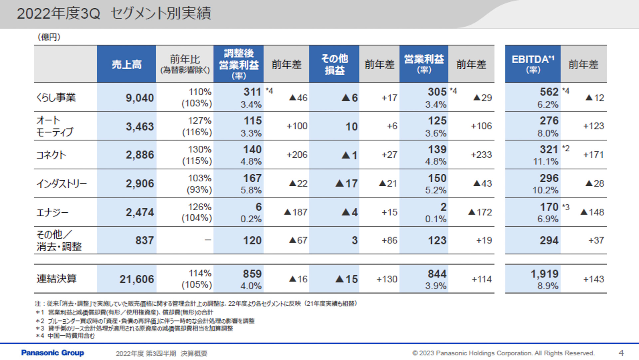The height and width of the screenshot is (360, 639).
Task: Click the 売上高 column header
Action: pyautogui.click(x=126, y=64)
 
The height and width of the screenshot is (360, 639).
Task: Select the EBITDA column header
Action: pyautogui.click(x=533, y=64)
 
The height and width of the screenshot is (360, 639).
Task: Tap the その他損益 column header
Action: pyautogui.click(x=334, y=64)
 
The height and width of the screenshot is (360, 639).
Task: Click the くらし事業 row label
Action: pyautogui.click(x=56, y=97)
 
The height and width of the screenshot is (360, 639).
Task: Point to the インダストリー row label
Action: pyautogui.click(x=62, y=184)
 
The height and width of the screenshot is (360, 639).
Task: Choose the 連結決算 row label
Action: pyautogui.click(x=57, y=279)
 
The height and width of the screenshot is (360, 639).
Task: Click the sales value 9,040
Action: pyautogui.click(x=140, y=98)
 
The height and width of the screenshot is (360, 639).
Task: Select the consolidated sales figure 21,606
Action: pyautogui.click(x=137, y=279)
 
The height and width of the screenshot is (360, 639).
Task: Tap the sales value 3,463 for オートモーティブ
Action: pyautogui.click(x=140, y=126)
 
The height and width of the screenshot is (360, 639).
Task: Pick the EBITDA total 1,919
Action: pyautogui.click(x=544, y=274)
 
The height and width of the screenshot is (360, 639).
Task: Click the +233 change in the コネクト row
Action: pyautogui.click(x=481, y=155)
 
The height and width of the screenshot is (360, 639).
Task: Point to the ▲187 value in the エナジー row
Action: pyautogui.click(x=296, y=212)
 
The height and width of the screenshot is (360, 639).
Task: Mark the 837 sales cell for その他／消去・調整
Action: pyautogui.click(x=144, y=240)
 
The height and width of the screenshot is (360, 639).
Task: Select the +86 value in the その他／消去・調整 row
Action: pyautogui.click(x=389, y=240)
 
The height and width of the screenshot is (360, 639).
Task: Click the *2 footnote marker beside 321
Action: pyautogui.click(x=566, y=148)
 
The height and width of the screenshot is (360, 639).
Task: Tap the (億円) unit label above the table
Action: pyautogui.click(x=49, y=37)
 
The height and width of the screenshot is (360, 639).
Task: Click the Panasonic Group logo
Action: pyautogui.click(x=53, y=353)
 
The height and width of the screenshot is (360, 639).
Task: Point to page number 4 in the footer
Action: pyautogui.click(x=621, y=353)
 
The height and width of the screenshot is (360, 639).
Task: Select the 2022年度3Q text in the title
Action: pyautogui.click(x=59, y=14)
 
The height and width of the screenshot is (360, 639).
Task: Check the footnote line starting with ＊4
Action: pyautogui.click(x=65, y=336)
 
